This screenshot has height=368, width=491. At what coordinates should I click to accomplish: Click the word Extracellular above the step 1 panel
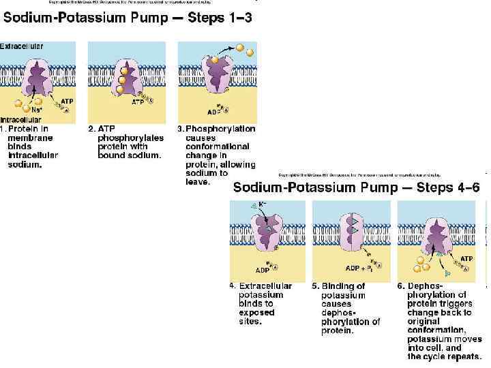point(22,46)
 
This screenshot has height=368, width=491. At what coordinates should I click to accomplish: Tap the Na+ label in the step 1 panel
point(37,109)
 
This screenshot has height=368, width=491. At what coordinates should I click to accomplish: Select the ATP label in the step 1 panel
point(68,102)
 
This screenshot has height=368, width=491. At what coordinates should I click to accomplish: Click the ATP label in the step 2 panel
point(138,103)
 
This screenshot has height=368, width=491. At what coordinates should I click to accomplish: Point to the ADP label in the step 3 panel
point(214,112)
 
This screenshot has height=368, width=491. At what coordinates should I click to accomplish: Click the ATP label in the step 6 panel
point(466,259)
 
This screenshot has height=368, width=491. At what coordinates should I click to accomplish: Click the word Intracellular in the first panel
point(23,121)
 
